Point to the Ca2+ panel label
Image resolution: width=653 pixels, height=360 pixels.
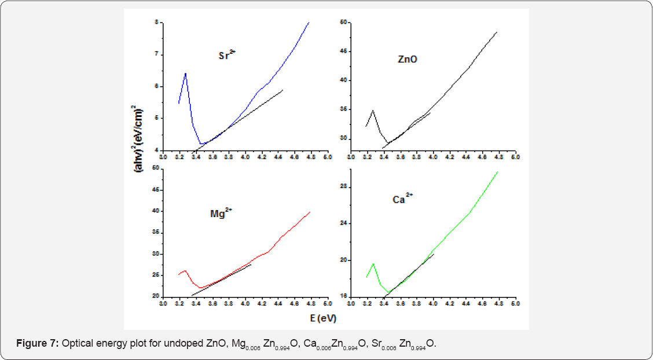[402, 199]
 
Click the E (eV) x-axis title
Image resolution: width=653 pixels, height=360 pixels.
[322, 318]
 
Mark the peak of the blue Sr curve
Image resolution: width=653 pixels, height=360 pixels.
[185, 74]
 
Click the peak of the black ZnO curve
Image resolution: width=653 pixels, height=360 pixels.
[373, 111]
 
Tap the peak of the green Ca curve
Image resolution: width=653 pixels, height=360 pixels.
[373, 264]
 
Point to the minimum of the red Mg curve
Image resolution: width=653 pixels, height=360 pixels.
[200, 288]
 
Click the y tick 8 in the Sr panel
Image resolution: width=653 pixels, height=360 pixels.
[156, 23]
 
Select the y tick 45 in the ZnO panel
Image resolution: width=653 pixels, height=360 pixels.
[343, 52]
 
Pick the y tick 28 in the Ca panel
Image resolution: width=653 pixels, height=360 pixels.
[343, 186]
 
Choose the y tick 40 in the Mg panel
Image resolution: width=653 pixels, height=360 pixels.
[155, 211]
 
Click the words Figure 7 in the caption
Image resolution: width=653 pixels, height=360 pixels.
[37, 344]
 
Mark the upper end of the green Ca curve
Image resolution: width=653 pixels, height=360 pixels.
[498, 171]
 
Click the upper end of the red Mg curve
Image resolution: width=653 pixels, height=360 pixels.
[311, 212]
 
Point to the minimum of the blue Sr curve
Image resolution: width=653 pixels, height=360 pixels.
[200, 144]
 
